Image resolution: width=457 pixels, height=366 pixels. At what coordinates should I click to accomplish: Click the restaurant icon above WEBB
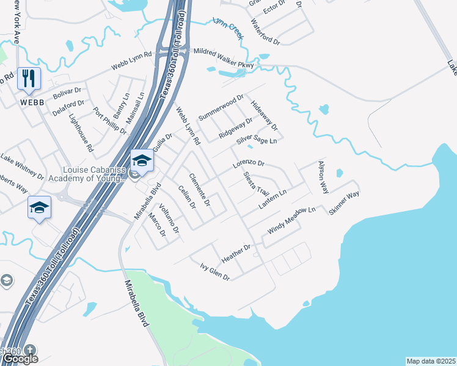pyautogui.click(x=29, y=79)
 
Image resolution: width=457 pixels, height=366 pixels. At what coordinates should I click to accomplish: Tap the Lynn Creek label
pyautogui.click(x=228, y=27)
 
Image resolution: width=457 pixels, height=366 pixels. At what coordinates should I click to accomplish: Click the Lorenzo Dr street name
pyautogui.click(x=248, y=164)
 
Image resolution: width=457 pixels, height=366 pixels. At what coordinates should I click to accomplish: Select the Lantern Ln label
pyautogui.click(x=272, y=201)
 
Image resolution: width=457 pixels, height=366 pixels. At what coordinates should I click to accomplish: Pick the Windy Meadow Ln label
pyautogui.click(x=291, y=221)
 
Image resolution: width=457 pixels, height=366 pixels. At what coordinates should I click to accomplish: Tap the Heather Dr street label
pyautogui.click(x=236, y=254)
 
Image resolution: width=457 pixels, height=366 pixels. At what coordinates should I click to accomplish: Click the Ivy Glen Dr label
pyautogui.click(x=214, y=272)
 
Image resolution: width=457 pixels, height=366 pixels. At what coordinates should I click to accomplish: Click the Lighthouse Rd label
pyautogui.click(x=81, y=132)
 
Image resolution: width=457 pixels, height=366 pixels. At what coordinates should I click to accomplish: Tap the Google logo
pyautogui.click(x=20, y=359)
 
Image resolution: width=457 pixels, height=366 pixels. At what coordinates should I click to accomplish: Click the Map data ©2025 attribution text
pyautogui.click(x=431, y=361)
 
